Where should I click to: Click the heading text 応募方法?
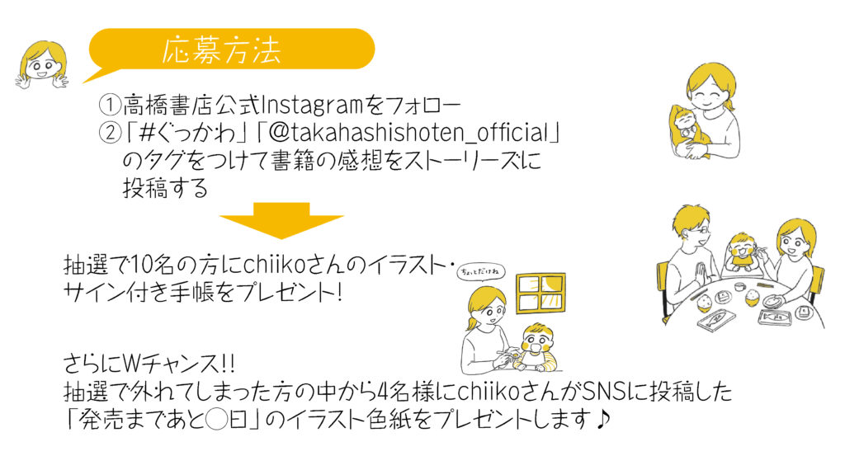click(x=221, y=50)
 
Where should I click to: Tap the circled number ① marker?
click(x=110, y=105)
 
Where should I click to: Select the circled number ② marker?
click(x=110, y=133)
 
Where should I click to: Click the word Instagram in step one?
click(x=312, y=105)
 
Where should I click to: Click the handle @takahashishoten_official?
click(x=409, y=133)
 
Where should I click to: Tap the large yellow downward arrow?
click(x=281, y=220)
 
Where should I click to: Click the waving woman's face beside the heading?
click(x=43, y=64)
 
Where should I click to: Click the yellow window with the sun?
click(x=541, y=293)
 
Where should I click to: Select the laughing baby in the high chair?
click(x=744, y=252)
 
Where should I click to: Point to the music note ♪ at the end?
click(x=602, y=419)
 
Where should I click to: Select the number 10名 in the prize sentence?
click(x=153, y=265)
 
